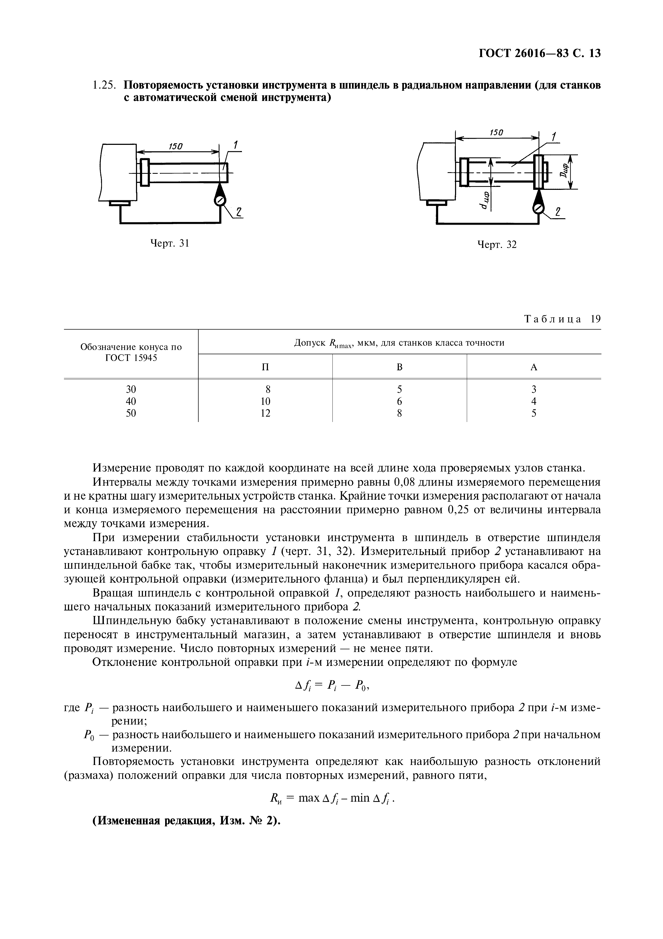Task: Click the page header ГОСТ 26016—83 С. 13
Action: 540,54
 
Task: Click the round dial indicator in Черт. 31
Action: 220,200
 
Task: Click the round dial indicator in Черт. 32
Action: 538,209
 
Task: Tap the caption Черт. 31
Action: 170,243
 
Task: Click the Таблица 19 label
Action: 562,319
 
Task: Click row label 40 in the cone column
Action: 131,401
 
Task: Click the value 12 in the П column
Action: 265,413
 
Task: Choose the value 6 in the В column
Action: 399,401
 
